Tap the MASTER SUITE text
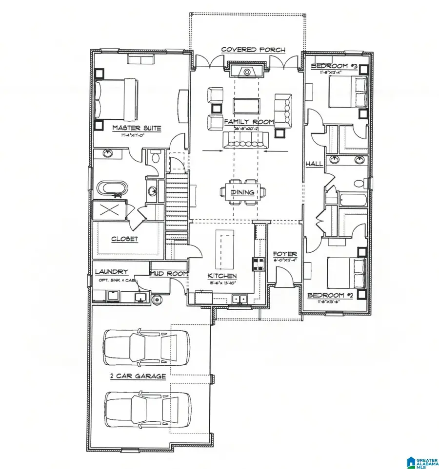click(x=137, y=128)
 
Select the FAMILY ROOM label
click(x=249, y=121)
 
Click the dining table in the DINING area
click(x=243, y=192)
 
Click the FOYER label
click(x=285, y=254)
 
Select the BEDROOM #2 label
click(x=330, y=295)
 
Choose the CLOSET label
click(x=125, y=239)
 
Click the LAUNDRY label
click(x=112, y=272)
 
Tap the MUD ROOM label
click(x=169, y=274)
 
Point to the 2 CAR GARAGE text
click(x=138, y=376)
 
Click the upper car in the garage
click(x=146, y=347)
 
